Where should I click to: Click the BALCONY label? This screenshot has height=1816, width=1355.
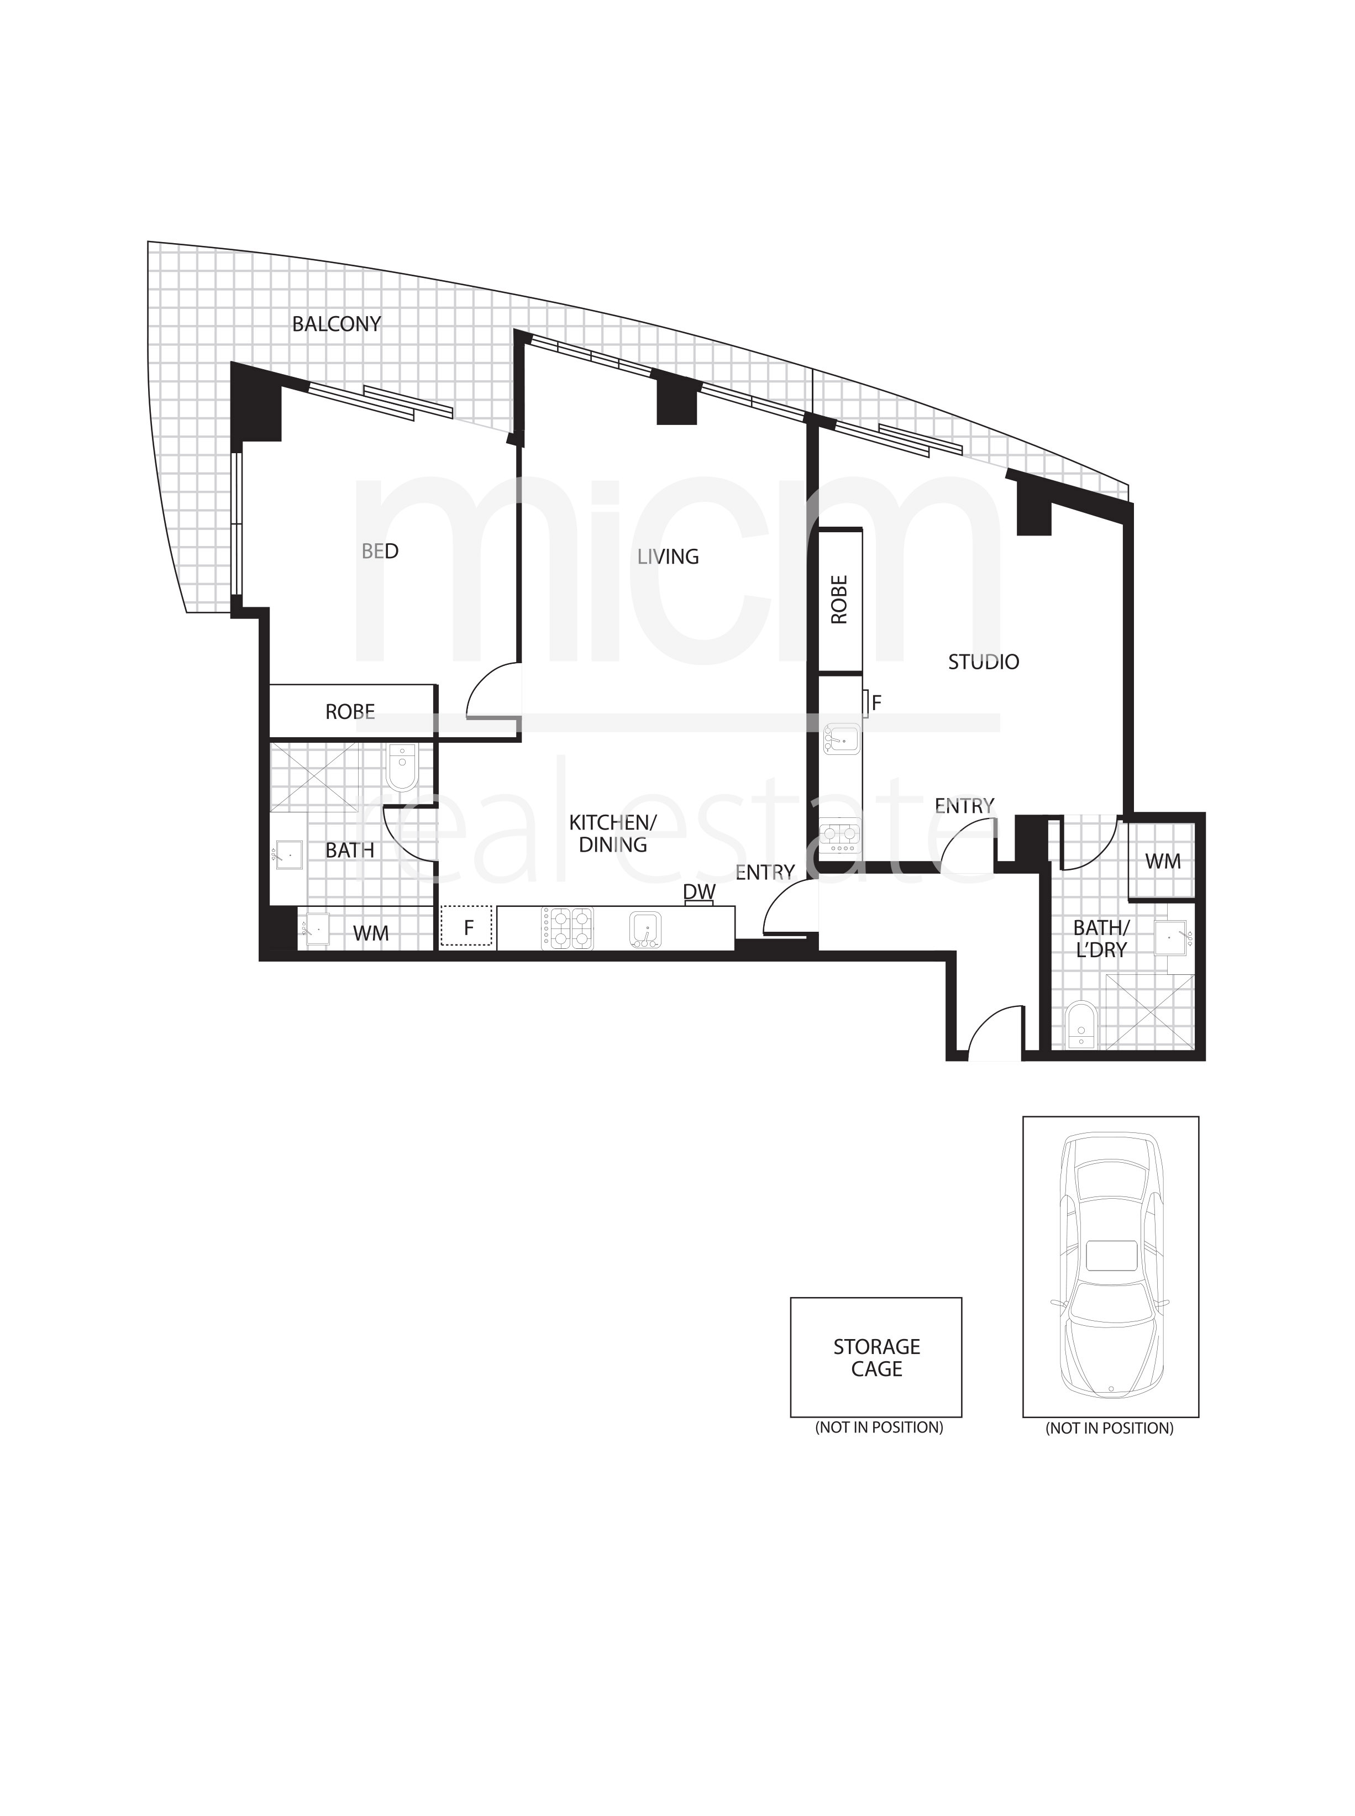click(337, 324)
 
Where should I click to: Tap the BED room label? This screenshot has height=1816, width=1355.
click(380, 551)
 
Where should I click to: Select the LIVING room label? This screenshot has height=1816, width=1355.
click(668, 557)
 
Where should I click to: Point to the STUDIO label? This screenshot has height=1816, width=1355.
click(984, 662)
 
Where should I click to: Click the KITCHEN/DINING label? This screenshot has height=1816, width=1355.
click(613, 833)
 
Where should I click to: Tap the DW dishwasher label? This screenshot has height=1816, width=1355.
click(699, 891)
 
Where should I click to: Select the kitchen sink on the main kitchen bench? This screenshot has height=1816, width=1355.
click(645, 930)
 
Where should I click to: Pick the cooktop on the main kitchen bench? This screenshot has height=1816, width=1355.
click(567, 928)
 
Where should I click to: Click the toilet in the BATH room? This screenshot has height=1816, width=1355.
click(402, 767)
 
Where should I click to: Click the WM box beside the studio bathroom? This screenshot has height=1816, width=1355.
click(1162, 861)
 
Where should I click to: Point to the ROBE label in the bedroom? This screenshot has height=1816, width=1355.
click(350, 712)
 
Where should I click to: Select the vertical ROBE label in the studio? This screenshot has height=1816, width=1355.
click(839, 600)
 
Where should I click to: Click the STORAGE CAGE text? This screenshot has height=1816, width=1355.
click(876, 1357)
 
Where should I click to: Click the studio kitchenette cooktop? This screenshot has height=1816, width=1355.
click(841, 836)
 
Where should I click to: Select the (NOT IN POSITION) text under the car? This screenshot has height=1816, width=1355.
click(1109, 1428)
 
